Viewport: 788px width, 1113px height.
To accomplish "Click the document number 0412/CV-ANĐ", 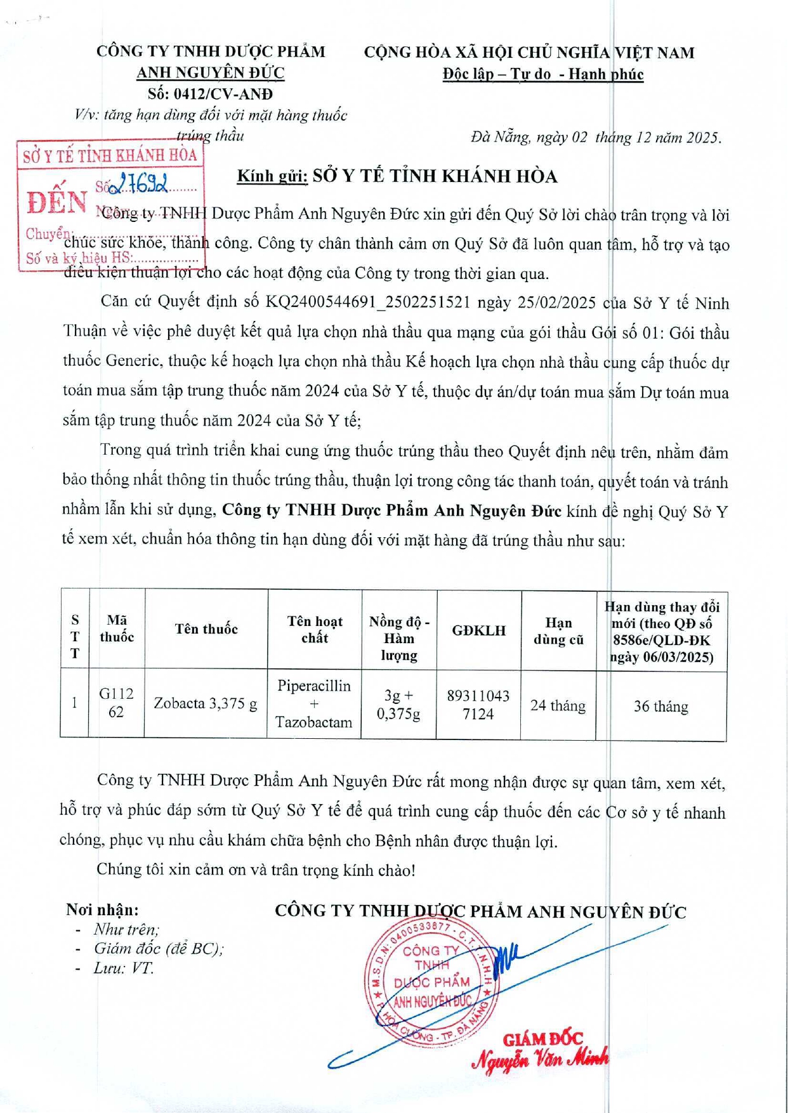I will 210,94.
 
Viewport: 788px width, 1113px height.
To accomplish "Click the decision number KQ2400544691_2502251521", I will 368,302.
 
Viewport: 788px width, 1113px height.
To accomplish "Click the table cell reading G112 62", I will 116,703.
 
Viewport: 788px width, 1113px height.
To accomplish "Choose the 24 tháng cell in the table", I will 558,706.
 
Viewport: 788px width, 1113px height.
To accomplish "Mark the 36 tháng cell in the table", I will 660,706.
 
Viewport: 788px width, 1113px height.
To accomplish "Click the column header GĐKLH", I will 479,630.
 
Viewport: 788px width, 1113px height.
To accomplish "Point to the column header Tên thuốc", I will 206,629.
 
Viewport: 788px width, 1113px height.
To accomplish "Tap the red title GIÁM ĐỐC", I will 542,1039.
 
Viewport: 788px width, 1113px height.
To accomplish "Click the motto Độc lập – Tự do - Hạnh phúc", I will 543,75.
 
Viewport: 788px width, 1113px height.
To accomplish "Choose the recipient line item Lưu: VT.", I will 123,968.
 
